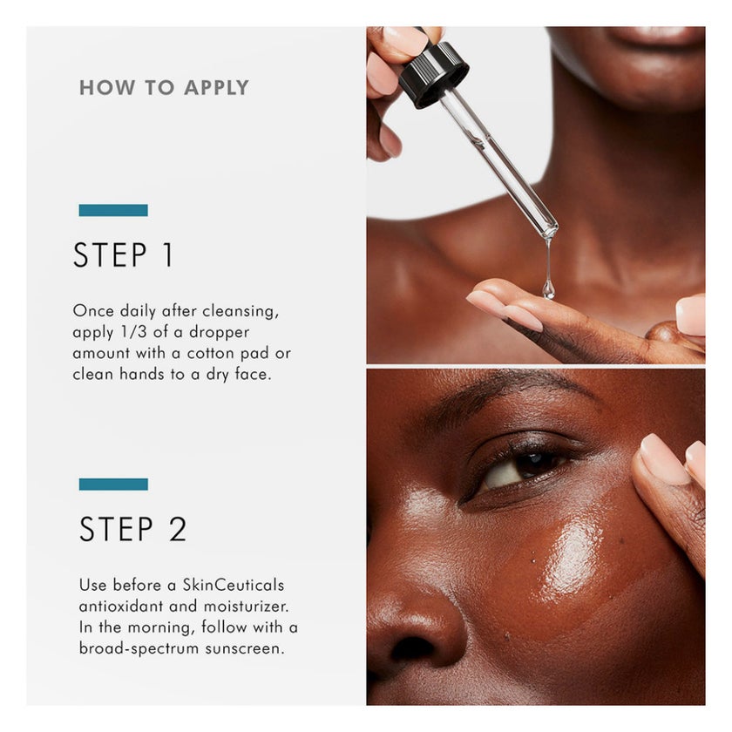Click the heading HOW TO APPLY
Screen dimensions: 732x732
coord(164,88)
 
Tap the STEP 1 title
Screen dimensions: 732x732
coord(123,254)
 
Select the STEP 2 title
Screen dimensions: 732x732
coord(133,529)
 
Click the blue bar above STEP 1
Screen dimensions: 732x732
coord(113,210)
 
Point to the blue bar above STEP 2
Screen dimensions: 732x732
coord(113,485)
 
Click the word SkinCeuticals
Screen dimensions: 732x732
coord(233,585)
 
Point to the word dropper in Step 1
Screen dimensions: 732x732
coord(219,333)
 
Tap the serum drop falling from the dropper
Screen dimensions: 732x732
coord(548,288)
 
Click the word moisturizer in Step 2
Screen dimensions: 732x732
coord(246,606)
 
